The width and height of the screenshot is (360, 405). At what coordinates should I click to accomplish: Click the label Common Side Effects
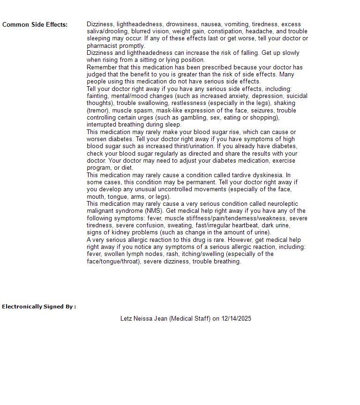[35, 25]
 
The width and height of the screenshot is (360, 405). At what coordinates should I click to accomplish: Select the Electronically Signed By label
[39, 307]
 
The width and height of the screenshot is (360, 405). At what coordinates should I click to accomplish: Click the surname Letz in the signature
[126, 319]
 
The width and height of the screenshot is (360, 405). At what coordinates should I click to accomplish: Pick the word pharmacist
[102, 46]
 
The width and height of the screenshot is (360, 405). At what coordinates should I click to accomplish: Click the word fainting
[97, 96]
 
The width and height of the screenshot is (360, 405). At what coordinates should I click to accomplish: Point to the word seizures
[261, 111]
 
